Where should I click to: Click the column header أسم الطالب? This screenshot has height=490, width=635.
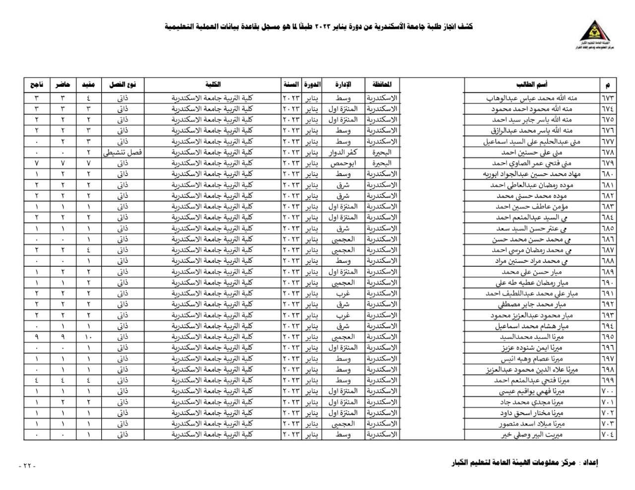531,85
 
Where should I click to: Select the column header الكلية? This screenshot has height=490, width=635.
213,85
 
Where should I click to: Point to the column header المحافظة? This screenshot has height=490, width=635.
382,85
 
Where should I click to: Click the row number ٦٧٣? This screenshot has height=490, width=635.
608,98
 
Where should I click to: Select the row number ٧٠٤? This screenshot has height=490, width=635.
608,435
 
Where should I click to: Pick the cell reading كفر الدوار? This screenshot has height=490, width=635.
343,152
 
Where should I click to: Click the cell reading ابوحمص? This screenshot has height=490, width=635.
343,163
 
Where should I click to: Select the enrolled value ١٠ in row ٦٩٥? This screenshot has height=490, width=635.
89,337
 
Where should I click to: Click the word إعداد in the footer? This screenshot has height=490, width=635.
589,463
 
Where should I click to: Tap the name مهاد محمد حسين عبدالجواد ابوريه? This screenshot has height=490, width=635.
531,174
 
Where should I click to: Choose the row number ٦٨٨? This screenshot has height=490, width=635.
608,261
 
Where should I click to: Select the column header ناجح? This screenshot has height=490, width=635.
37,85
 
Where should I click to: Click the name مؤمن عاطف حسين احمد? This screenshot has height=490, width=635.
532,207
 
